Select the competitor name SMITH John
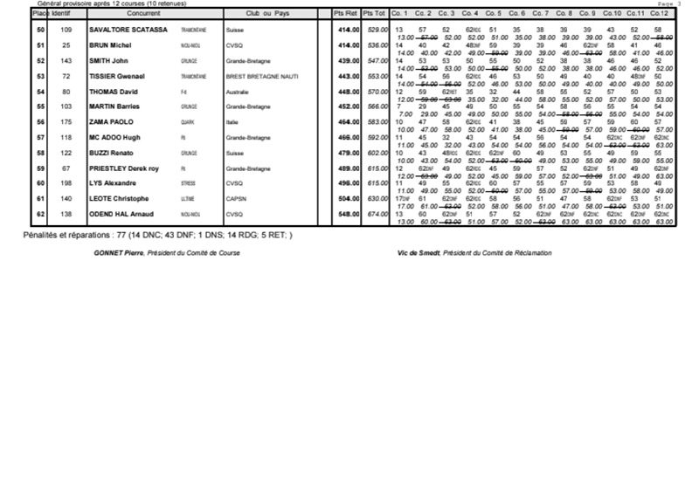click(x=109, y=60)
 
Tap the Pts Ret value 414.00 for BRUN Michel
click(x=349, y=45)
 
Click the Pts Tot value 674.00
click(x=377, y=213)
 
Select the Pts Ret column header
click(x=346, y=14)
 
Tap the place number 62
click(x=40, y=213)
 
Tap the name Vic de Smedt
click(x=417, y=253)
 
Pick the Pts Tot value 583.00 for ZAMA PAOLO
click(x=377, y=121)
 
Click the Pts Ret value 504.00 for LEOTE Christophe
click(x=349, y=197)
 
